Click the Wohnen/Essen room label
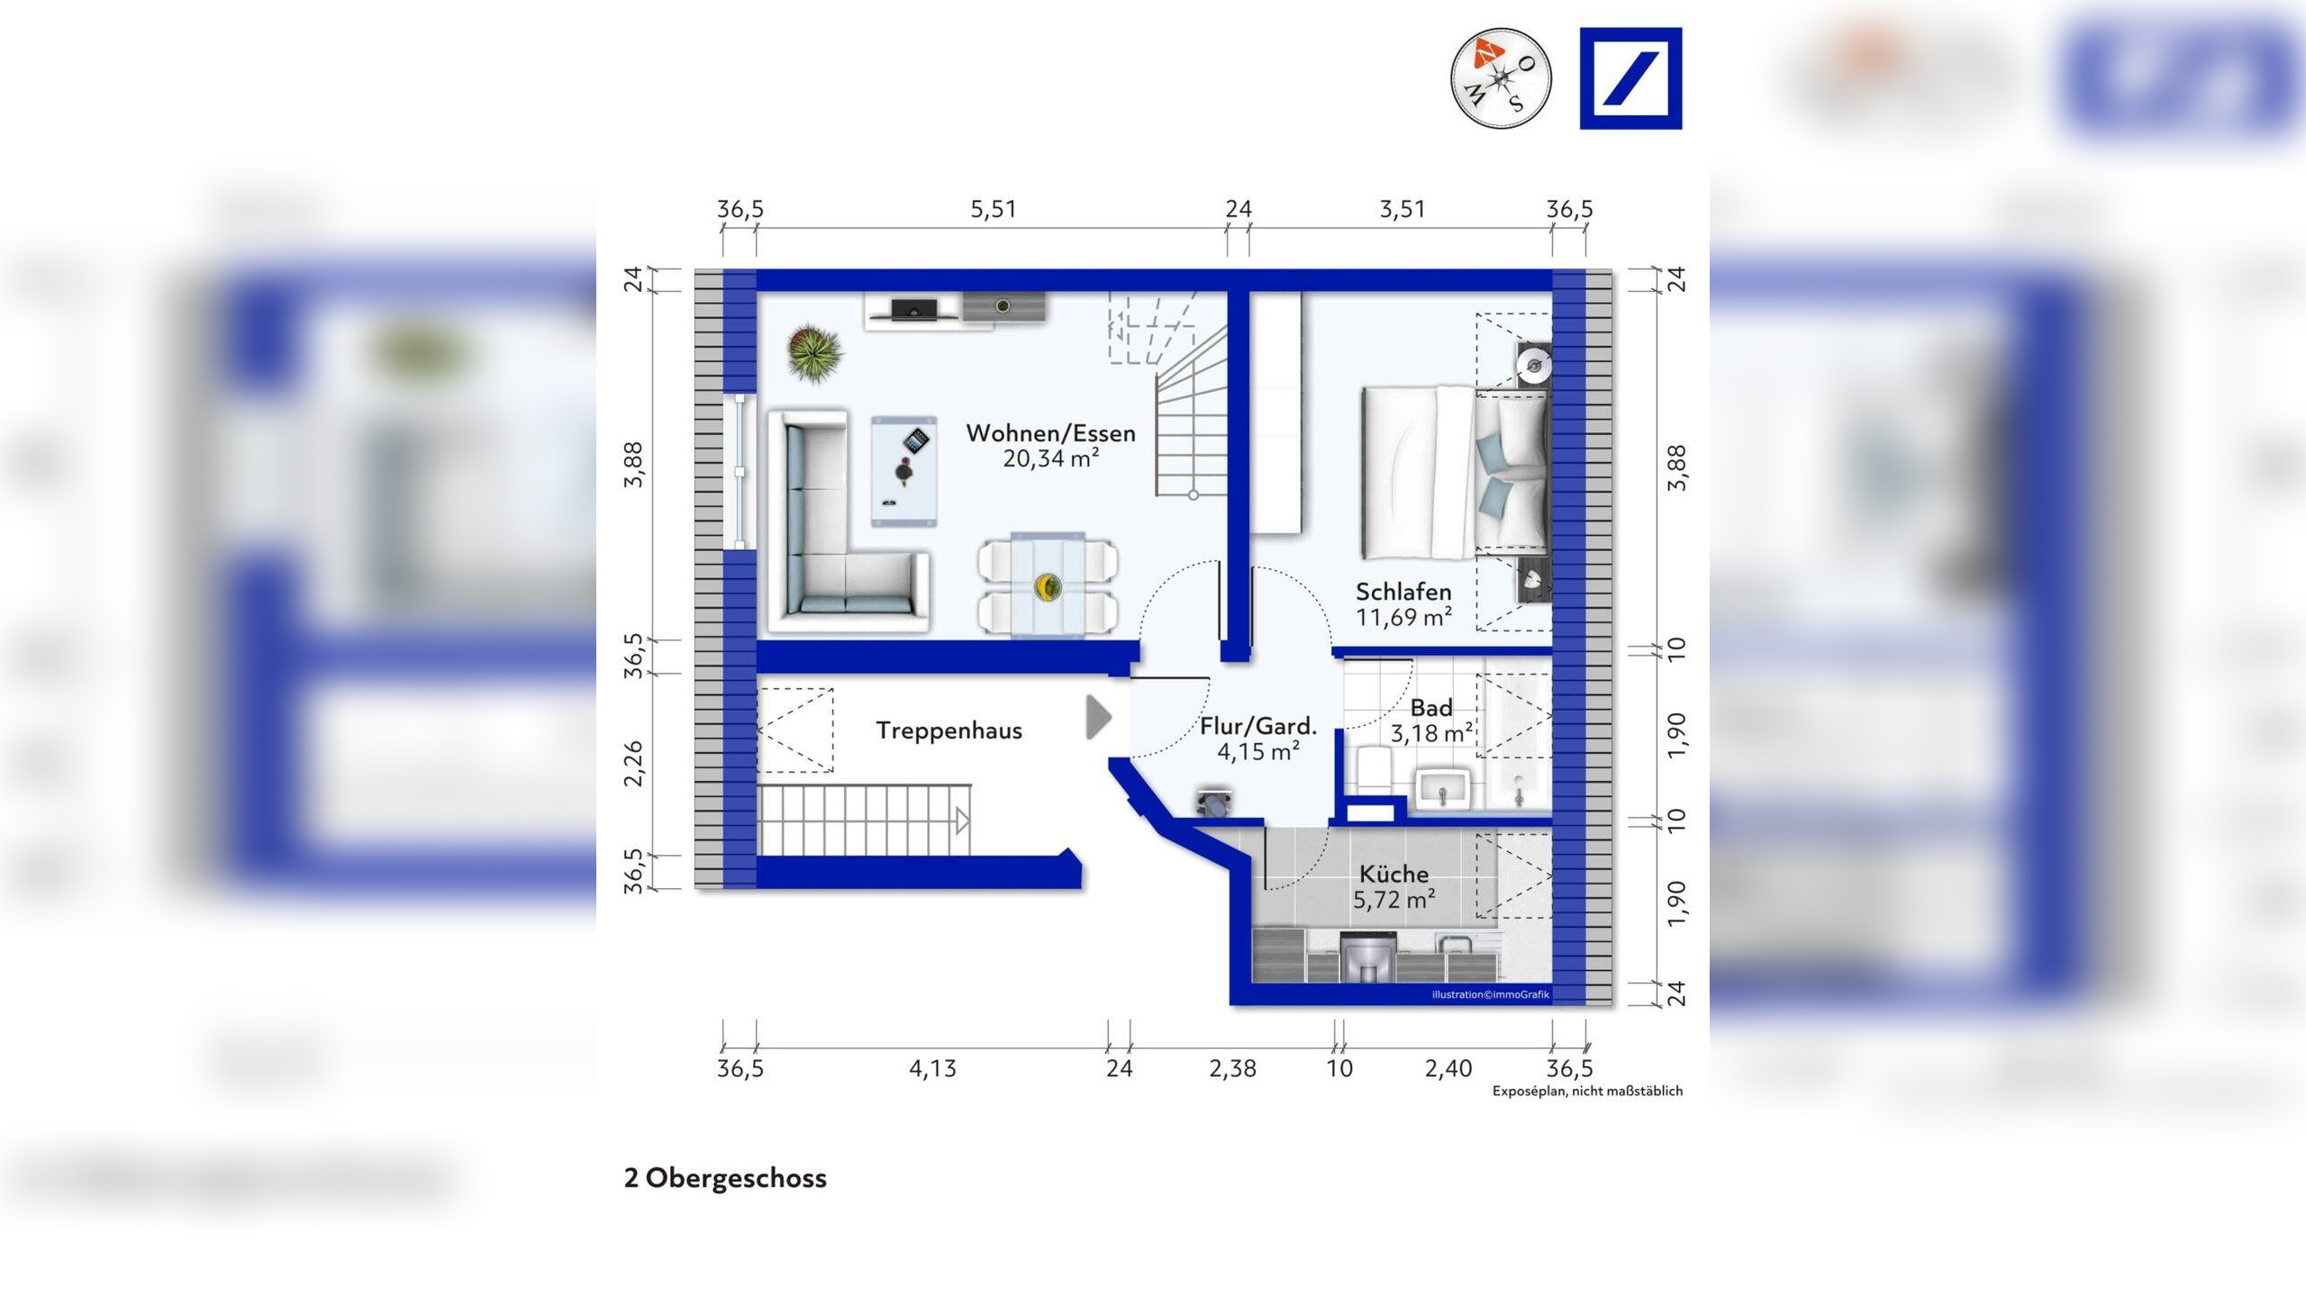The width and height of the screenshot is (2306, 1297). tap(1050, 433)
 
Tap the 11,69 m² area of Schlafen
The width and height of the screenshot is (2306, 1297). tap(1403, 618)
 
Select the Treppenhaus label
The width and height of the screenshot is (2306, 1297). tap(949, 730)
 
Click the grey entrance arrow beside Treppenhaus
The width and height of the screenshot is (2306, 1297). tap(1098, 717)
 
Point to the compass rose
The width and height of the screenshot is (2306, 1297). tap(1500, 78)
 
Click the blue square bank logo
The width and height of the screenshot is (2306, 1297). tap(1630, 78)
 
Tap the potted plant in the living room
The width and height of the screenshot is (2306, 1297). tap(814, 352)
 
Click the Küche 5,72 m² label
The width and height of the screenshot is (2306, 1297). tap(1394, 886)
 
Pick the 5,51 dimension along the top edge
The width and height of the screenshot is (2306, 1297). tap(993, 210)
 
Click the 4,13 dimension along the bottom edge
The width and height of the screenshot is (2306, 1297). tap(932, 1069)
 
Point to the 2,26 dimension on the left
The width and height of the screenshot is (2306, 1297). tap(634, 763)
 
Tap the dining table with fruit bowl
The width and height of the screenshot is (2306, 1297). tap(1048, 585)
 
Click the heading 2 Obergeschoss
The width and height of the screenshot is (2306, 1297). tap(725, 1178)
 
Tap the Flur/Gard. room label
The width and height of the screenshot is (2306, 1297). tap(1258, 726)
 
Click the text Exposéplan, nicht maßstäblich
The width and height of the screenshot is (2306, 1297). tap(1587, 1092)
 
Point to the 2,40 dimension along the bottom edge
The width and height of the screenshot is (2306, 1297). tap(1448, 1069)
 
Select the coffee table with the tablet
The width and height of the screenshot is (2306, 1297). tap(903, 470)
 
